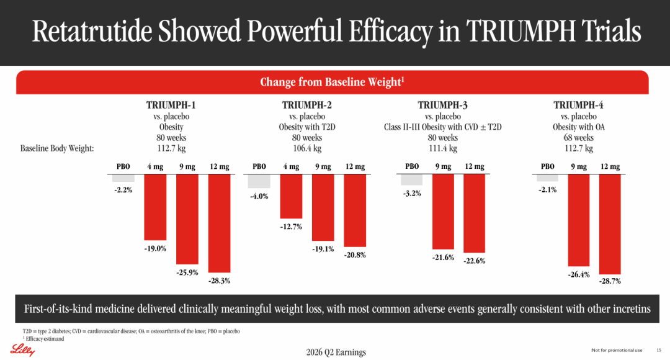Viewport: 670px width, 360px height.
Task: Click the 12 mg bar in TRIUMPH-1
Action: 219,223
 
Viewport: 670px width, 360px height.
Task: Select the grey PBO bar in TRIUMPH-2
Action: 259,181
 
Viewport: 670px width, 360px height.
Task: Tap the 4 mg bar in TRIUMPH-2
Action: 291,196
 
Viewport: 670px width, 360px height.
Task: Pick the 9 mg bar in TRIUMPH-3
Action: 443,212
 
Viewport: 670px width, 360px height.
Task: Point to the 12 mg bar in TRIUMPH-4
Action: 610,224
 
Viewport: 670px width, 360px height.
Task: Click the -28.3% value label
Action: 219,281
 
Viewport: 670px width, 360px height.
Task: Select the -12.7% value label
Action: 291,227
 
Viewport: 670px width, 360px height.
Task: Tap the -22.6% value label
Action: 475,261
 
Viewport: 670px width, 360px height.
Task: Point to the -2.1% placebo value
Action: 547,190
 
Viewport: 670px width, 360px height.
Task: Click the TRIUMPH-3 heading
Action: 443,105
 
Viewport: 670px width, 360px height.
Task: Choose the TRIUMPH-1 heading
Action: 171,105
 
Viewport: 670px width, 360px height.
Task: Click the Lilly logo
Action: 23,350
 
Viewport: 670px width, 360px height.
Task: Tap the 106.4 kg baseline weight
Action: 307,148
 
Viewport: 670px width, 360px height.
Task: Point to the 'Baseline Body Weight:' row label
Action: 57,148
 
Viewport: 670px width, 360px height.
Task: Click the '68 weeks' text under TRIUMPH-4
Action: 579,138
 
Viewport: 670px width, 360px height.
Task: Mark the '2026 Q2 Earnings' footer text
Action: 336,353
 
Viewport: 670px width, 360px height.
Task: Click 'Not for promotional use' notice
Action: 617,350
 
